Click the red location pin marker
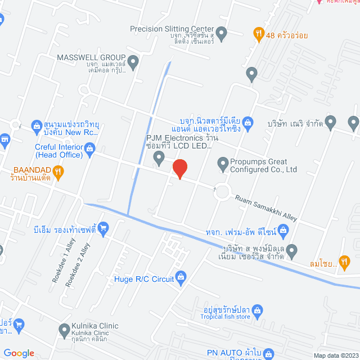[179, 169]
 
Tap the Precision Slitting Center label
[172, 29]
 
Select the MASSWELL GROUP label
[90, 57]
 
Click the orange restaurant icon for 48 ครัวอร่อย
[259, 34]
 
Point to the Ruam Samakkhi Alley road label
[265, 205]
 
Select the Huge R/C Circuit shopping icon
[181, 276]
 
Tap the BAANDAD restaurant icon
[58, 170]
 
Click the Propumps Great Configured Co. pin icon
[223, 163]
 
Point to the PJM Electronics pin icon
[159, 163]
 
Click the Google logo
[19, 353]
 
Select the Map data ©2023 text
[336, 355]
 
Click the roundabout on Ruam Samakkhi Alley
[223, 192]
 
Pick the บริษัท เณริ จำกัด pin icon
[330, 121]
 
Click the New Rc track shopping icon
[36, 125]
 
